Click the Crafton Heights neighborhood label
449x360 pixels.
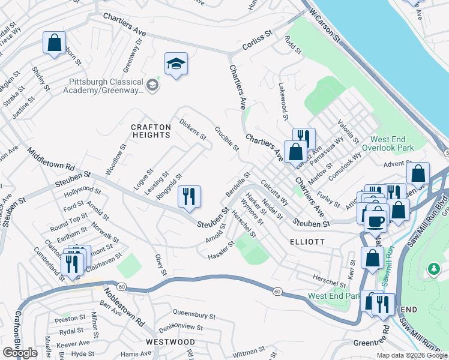tap(151, 131)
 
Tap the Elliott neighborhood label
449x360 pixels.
tap(307, 241)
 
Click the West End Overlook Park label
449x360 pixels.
tap(393, 143)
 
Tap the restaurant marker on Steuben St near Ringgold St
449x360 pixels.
tap(190, 197)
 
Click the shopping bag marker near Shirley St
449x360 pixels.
tap(54, 43)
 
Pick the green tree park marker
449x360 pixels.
tap(433, 269)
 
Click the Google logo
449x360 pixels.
tap(20, 353)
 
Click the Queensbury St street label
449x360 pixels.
tap(194, 314)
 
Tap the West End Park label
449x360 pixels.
tap(334, 296)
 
